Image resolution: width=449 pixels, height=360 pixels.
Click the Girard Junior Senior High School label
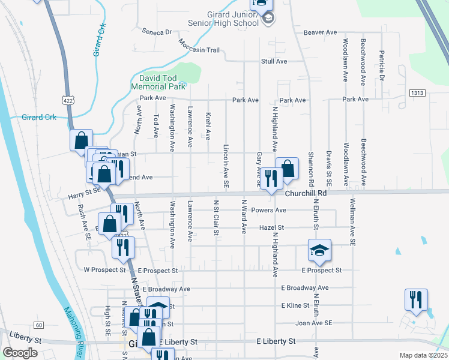pyautogui.click(x=230, y=19)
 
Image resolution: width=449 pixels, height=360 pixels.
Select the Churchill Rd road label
pyautogui.click(x=305, y=193)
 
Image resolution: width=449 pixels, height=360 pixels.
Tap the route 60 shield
pyautogui.click(x=38, y=325)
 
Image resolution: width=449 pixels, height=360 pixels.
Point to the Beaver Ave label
pyautogui.click(x=321, y=32)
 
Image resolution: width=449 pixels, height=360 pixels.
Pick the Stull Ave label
pyautogui.click(x=274, y=61)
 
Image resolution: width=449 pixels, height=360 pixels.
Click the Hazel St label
pyautogui.click(x=271, y=228)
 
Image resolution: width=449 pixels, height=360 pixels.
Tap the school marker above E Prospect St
pyautogui.click(x=320, y=250)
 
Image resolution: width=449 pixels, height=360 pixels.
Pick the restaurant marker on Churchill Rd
pyautogui.click(x=272, y=178)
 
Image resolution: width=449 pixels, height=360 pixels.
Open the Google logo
pyautogui.click(x=20, y=353)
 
